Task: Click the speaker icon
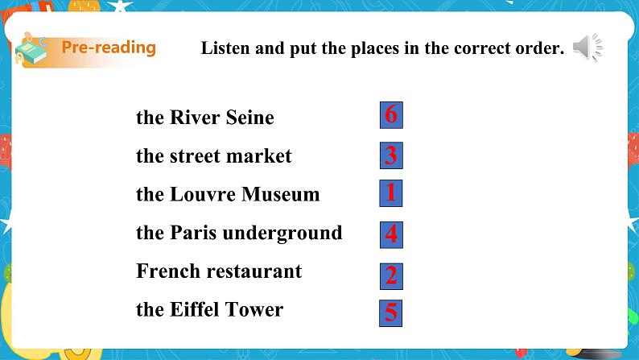[587, 48]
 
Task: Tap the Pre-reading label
[109, 48]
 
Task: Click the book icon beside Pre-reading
[31, 49]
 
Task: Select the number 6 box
[391, 115]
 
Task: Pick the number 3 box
[391, 155]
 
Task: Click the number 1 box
[391, 193]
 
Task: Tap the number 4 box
[391, 235]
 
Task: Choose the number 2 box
[391, 276]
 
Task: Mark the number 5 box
[391, 313]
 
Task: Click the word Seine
[249, 118]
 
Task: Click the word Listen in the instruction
[225, 48]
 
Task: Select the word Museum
[281, 194]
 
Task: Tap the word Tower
[254, 309]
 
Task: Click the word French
[168, 271]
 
